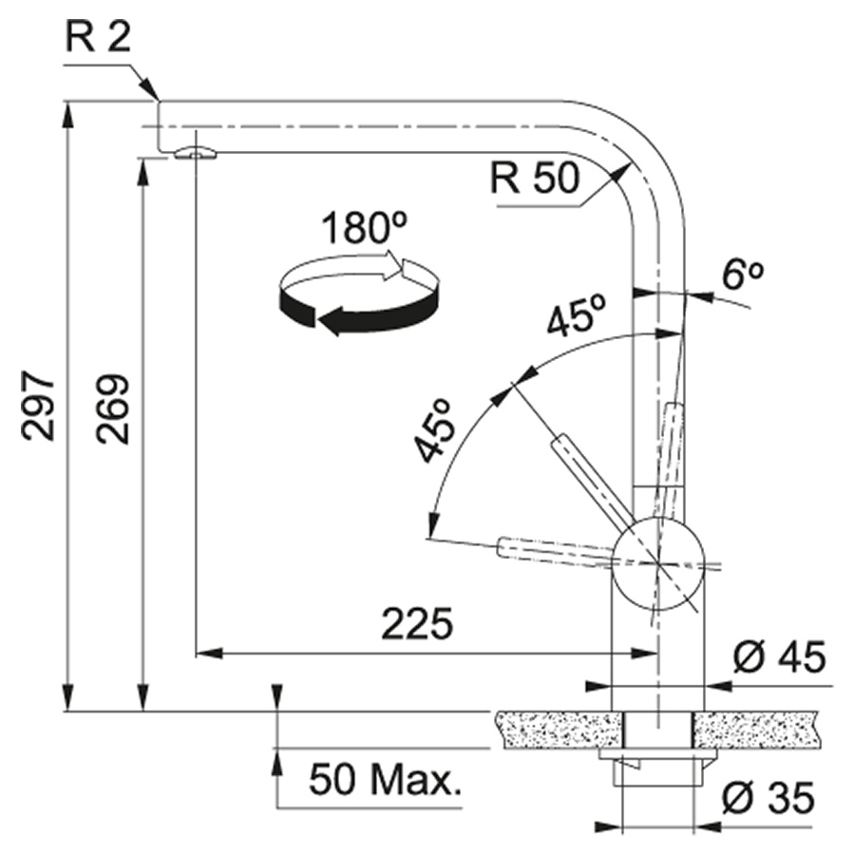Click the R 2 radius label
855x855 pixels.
point(98,38)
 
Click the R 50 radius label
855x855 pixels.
point(534,178)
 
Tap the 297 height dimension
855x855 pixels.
point(38,407)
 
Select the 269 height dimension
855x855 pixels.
point(113,408)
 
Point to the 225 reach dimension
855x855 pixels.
point(417,623)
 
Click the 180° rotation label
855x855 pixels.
point(364,227)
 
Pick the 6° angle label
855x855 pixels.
point(743,275)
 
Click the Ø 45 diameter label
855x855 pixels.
point(779,657)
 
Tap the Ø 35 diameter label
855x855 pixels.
point(769,798)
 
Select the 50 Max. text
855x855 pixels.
point(385,779)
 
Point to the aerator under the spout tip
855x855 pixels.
point(195,153)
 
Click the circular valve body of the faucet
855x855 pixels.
point(658,563)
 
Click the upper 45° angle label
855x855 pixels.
point(578,314)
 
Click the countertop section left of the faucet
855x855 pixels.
point(558,730)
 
